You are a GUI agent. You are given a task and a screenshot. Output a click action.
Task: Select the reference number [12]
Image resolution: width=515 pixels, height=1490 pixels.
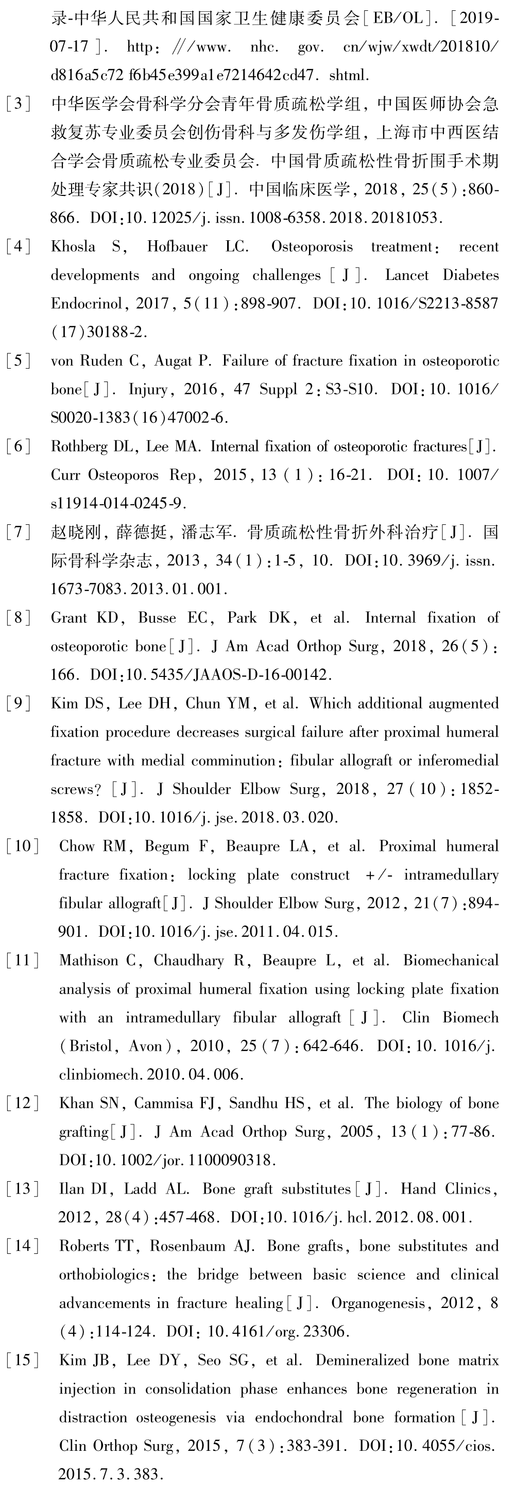pos(23,1103)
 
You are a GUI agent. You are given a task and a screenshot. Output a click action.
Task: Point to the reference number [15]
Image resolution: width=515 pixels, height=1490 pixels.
pos(23,1360)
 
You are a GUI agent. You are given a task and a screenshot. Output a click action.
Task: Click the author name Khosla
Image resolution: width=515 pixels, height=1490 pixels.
pos(73,247)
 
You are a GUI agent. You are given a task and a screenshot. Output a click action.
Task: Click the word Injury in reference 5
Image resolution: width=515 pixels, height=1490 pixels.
pos(147,390)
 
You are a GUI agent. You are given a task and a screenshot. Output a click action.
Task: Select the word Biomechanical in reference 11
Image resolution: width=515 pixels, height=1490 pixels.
pos(451,961)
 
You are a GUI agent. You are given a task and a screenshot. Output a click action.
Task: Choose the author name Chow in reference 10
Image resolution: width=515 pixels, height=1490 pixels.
pos(77,847)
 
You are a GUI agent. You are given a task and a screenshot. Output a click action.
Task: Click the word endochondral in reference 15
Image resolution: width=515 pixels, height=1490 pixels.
pos(299,1417)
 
